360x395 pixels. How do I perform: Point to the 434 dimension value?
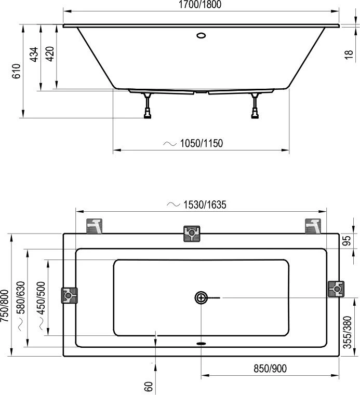click(x=34, y=55)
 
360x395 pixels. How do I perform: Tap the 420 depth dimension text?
click(x=50, y=55)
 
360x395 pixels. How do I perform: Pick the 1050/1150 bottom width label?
click(x=201, y=143)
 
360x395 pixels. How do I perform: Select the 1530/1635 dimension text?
click(x=204, y=205)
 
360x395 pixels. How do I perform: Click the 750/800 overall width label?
click(x=5, y=306)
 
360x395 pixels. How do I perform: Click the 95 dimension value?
click(x=350, y=242)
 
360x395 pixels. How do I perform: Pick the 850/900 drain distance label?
click(x=270, y=369)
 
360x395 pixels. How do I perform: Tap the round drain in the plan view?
click(x=201, y=297)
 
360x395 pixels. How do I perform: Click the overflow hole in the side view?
click(x=201, y=36)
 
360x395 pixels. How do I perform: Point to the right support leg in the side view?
click(x=255, y=106)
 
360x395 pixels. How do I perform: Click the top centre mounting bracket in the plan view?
click(x=192, y=234)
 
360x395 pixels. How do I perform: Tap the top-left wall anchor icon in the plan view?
click(x=95, y=226)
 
